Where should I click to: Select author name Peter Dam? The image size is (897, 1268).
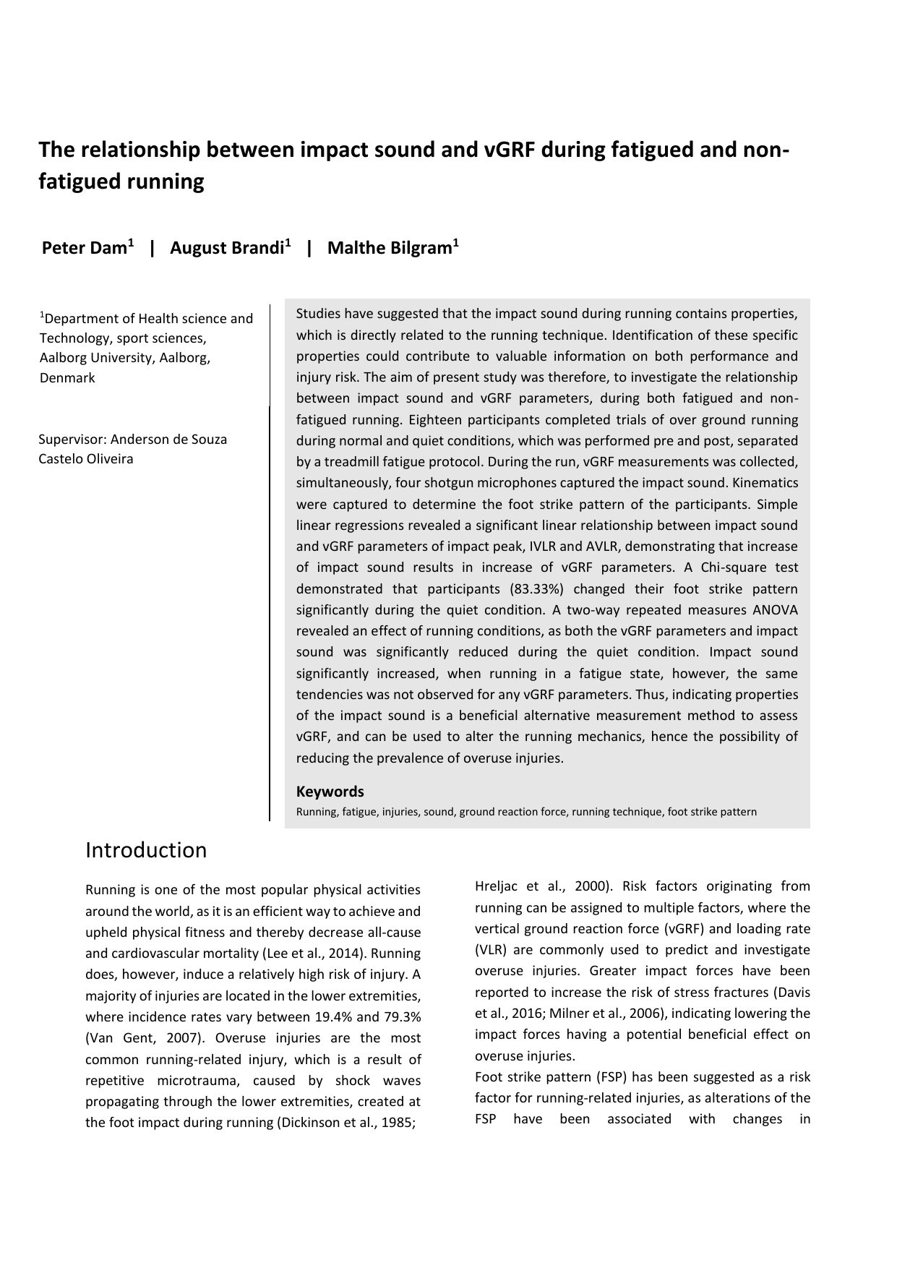(85, 249)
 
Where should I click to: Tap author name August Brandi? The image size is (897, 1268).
(226, 249)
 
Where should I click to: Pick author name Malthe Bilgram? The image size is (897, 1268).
(390, 249)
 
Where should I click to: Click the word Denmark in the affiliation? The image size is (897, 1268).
(67, 378)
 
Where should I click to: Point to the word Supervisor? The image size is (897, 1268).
(72, 440)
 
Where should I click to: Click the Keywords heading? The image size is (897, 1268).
(330, 792)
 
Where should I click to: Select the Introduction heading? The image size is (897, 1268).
(146, 850)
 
